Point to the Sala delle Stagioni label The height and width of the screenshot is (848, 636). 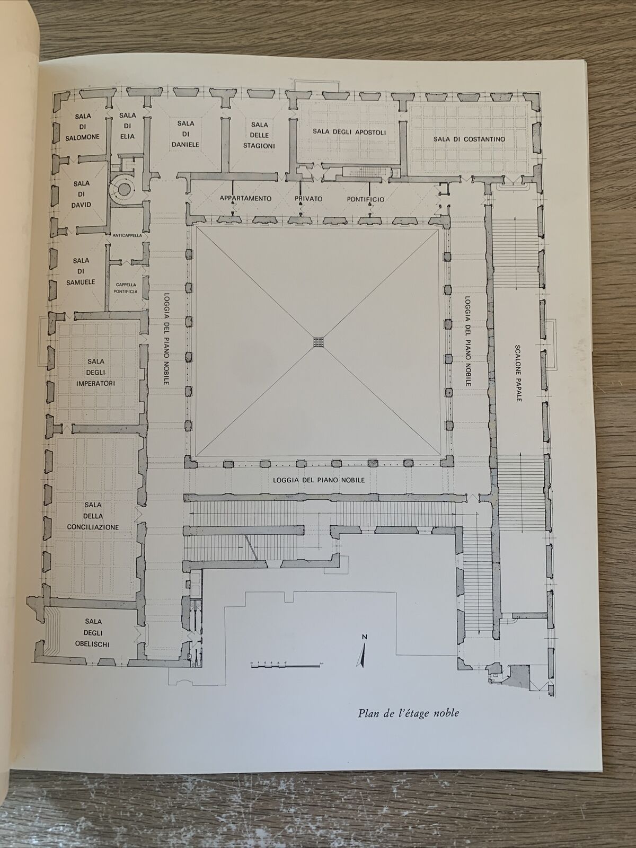pyautogui.click(x=259, y=134)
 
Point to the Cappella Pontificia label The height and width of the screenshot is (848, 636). pyautogui.click(x=126, y=288)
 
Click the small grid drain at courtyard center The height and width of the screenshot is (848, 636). pyautogui.click(x=318, y=342)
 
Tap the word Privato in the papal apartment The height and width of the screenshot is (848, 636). pyautogui.click(x=302, y=199)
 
